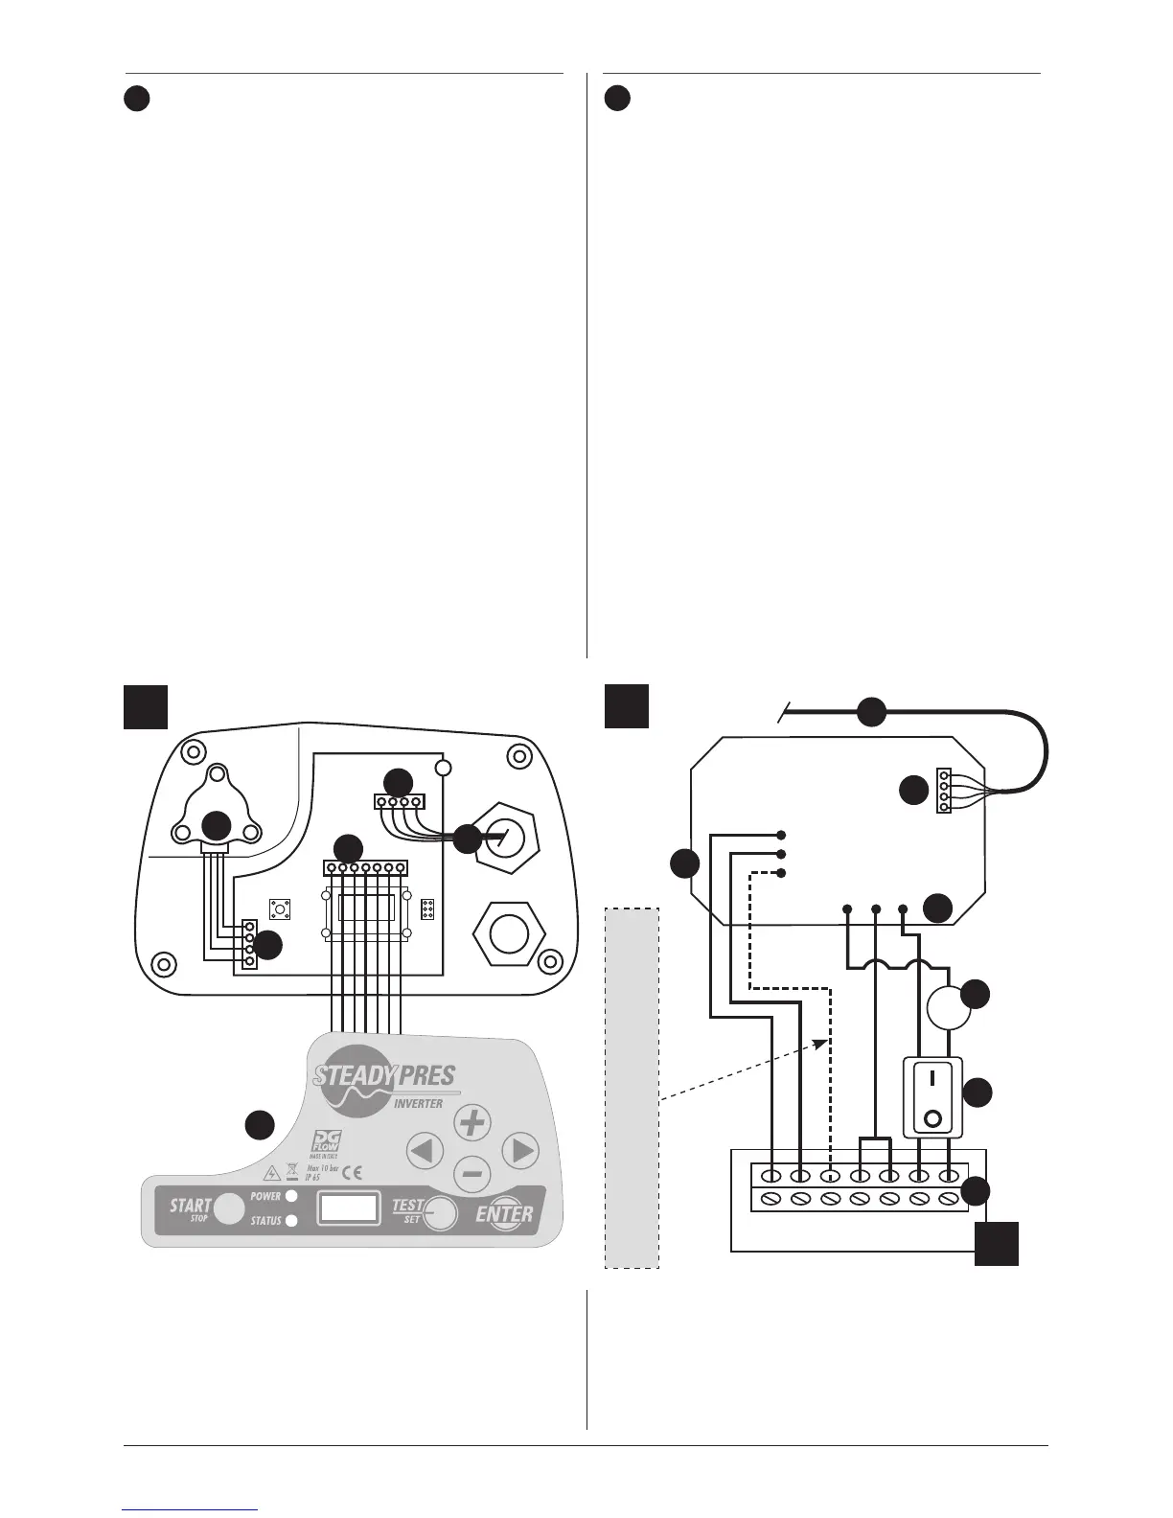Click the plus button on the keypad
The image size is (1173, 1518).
[x=471, y=1122]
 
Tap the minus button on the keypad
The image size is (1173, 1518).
[x=471, y=1172]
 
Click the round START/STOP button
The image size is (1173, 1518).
[x=228, y=1209]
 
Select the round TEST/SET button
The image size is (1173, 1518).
[x=440, y=1213]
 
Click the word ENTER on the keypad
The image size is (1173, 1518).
[x=505, y=1214]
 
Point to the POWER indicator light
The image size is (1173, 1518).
[x=291, y=1196]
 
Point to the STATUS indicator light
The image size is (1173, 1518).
[x=291, y=1221]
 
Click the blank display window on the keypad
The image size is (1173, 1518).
[x=349, y=1207]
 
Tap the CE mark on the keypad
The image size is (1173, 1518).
[x=352, y=1172]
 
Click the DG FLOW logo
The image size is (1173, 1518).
[x=326, y=1142]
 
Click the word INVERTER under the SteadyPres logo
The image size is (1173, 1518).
[x=419, y=1103]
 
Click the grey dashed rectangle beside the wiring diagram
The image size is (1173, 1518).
[x=632, y=1088]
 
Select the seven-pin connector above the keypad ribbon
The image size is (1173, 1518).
[x=365, y=868]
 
